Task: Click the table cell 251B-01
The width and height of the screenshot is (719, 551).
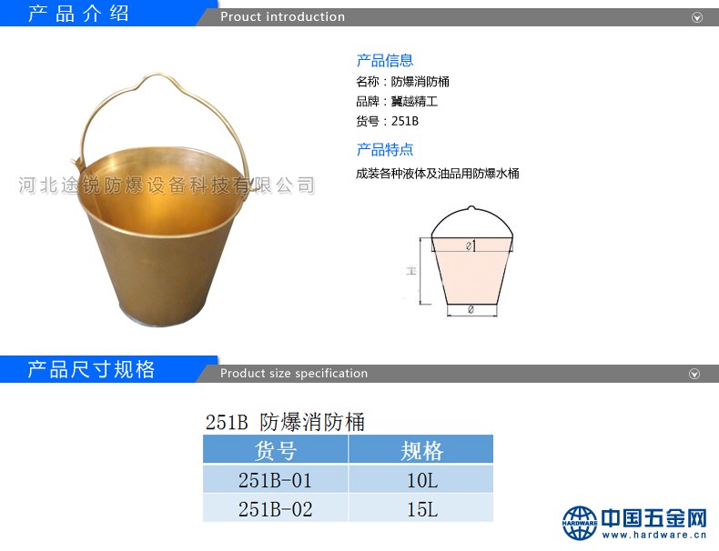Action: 275,480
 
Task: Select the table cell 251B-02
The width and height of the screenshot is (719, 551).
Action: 275,509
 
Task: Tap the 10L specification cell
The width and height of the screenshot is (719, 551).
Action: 422,480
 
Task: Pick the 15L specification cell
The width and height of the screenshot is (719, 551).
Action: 422,509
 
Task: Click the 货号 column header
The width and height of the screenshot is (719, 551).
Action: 275,450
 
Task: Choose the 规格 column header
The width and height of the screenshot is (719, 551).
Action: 422,450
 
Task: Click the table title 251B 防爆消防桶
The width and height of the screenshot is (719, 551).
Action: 285,422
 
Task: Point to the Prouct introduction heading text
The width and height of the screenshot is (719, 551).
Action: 282,17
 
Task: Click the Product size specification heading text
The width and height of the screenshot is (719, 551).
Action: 294,374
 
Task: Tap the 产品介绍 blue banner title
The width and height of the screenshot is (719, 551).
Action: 78,13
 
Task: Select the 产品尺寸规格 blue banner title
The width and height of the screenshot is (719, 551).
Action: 91,369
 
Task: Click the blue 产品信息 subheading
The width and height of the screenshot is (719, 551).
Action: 385,60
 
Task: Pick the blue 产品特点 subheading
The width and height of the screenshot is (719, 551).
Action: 385,150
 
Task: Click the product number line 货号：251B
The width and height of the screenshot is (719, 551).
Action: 388,121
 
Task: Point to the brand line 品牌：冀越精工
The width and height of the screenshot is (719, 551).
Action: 397,101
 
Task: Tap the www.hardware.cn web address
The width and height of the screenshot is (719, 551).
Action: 654,535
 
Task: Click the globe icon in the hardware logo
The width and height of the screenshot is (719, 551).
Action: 580,523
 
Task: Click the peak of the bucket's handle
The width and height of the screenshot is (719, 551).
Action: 158,74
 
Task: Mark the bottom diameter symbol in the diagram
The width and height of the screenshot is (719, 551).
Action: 471,310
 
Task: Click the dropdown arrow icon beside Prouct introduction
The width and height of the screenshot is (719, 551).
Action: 697,17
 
